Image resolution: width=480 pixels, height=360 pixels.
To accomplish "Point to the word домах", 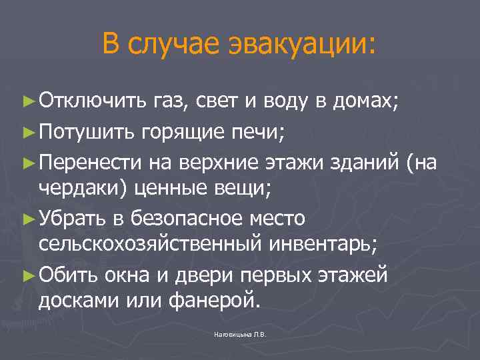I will point(363,101).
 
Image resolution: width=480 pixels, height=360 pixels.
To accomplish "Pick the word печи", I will point(260,131).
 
